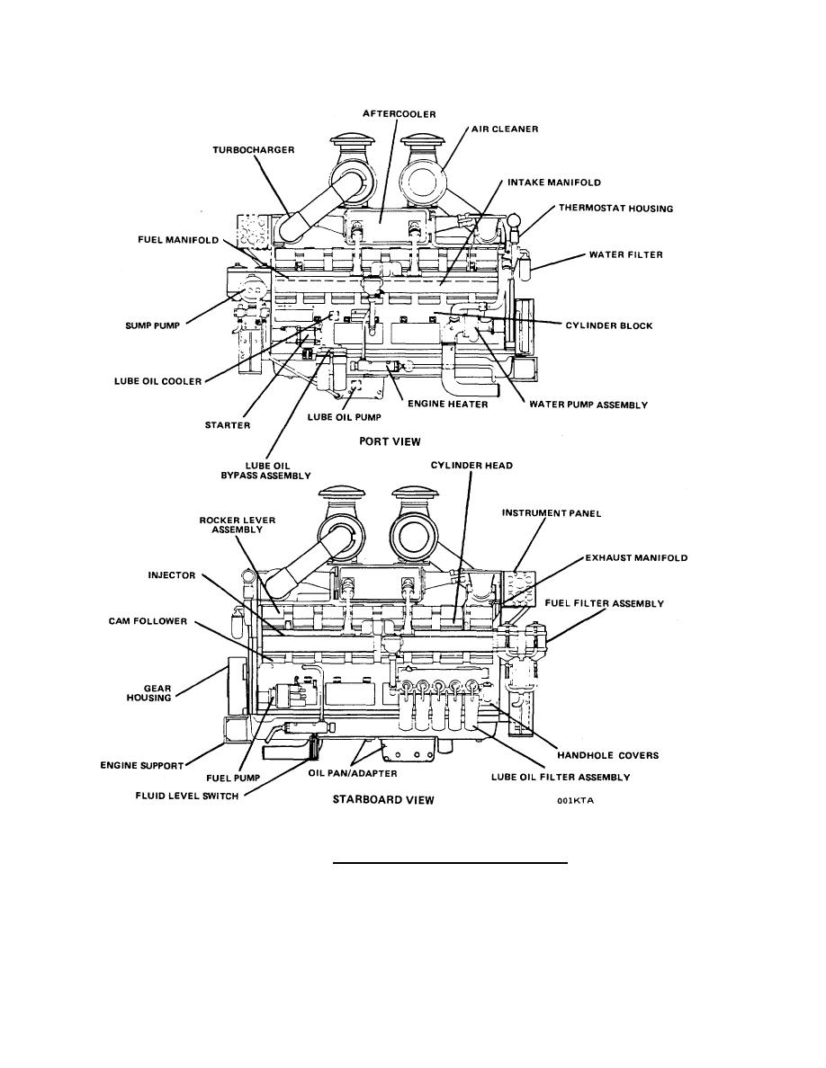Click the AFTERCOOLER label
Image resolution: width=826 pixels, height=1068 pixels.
point(399,114)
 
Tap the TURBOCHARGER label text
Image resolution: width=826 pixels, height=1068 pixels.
point(254,150)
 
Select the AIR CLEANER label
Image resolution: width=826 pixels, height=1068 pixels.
point(505,129)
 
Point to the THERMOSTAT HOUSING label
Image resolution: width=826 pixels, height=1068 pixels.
point(616,209)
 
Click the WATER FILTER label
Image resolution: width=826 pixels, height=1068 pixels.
point(625,254)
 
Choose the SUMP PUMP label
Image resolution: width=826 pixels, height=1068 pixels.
point(153,325)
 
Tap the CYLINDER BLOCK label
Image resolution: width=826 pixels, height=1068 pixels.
point(609,325)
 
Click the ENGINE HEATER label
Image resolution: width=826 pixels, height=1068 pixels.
point(448,404)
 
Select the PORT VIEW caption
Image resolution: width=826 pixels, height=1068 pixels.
point(390,441)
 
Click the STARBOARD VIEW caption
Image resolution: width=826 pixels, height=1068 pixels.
point(383,799)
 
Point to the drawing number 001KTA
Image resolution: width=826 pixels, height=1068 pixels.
point(575,800)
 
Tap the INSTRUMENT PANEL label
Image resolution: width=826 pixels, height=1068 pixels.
point(552,513)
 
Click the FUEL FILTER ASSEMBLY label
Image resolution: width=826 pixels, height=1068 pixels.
point(604,603)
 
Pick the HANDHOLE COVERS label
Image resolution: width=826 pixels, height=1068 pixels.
point(608,755)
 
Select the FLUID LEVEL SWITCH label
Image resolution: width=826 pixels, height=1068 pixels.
point(187,796)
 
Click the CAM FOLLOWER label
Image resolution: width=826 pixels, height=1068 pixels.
point(148,621)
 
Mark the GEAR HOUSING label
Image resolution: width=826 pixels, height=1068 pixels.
point(148,693)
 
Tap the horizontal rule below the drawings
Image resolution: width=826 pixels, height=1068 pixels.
point(450,863)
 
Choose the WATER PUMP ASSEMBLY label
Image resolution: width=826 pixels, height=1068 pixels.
point(588,405)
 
